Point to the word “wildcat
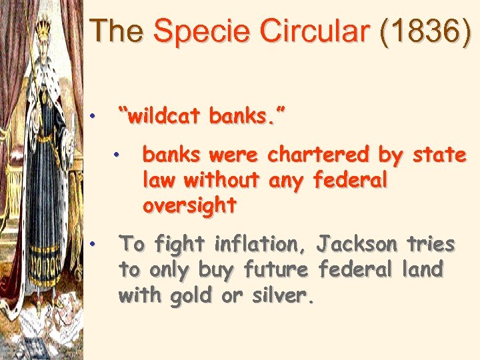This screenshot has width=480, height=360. [159, 117]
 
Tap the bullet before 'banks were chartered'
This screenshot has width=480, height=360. [116, 155]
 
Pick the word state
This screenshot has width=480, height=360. [439, 155]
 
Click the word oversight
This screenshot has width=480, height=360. [189, 206]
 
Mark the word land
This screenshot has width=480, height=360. [422, 269]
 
